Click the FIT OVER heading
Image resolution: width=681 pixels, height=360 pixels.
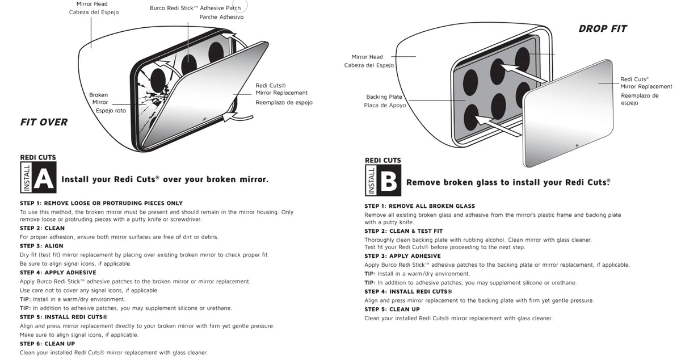tap(44, 122)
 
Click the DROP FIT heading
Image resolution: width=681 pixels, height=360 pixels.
tap(603, 28)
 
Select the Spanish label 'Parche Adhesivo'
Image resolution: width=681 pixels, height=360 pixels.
tap(221, 17)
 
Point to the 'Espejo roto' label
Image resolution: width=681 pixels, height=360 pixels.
tap(111, 111)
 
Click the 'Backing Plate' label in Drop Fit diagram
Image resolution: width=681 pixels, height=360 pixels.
tap(384, 97)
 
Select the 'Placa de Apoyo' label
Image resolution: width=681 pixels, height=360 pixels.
tap(385, 106)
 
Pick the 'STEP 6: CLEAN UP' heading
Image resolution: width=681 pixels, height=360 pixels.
tap(47, 344)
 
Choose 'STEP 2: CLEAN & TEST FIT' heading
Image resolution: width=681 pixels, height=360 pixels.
tap(403, 231)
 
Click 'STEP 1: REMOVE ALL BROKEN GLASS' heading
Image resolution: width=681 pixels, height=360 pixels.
tap(419, 206)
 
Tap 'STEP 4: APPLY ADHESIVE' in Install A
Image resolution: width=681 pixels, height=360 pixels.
tap(58, 273)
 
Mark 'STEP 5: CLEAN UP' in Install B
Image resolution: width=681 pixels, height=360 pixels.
tap(392, 309)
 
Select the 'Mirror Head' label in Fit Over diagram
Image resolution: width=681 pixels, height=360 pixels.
tap(92, 4)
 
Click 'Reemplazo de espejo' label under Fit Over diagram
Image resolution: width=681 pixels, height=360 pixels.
tap(284, 103)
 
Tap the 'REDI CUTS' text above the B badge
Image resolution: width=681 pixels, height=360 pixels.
tap(383, 161)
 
